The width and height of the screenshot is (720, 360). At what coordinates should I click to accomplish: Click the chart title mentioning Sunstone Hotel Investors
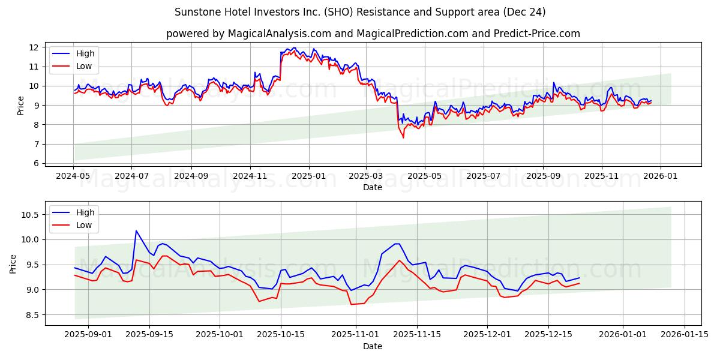[x=360, y=12]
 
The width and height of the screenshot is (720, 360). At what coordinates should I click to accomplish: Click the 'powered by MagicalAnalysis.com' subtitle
[x=373, y=34]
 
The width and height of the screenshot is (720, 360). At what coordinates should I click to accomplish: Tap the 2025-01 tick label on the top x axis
[x=309, y=176]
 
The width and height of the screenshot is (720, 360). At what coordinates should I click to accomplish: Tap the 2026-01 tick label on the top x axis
[x=661, y=176]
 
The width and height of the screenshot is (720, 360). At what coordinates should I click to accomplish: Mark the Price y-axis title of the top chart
[x=21, y=105]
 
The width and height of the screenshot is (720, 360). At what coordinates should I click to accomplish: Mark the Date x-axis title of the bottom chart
[x=373, y=347]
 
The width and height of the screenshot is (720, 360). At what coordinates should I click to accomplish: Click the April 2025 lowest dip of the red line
[x=403, y=137]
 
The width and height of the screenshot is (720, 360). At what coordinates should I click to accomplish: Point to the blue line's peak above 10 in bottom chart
[x=136, y=230]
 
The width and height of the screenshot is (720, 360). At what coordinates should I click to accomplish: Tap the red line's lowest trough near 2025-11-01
[x=351, y=304]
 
